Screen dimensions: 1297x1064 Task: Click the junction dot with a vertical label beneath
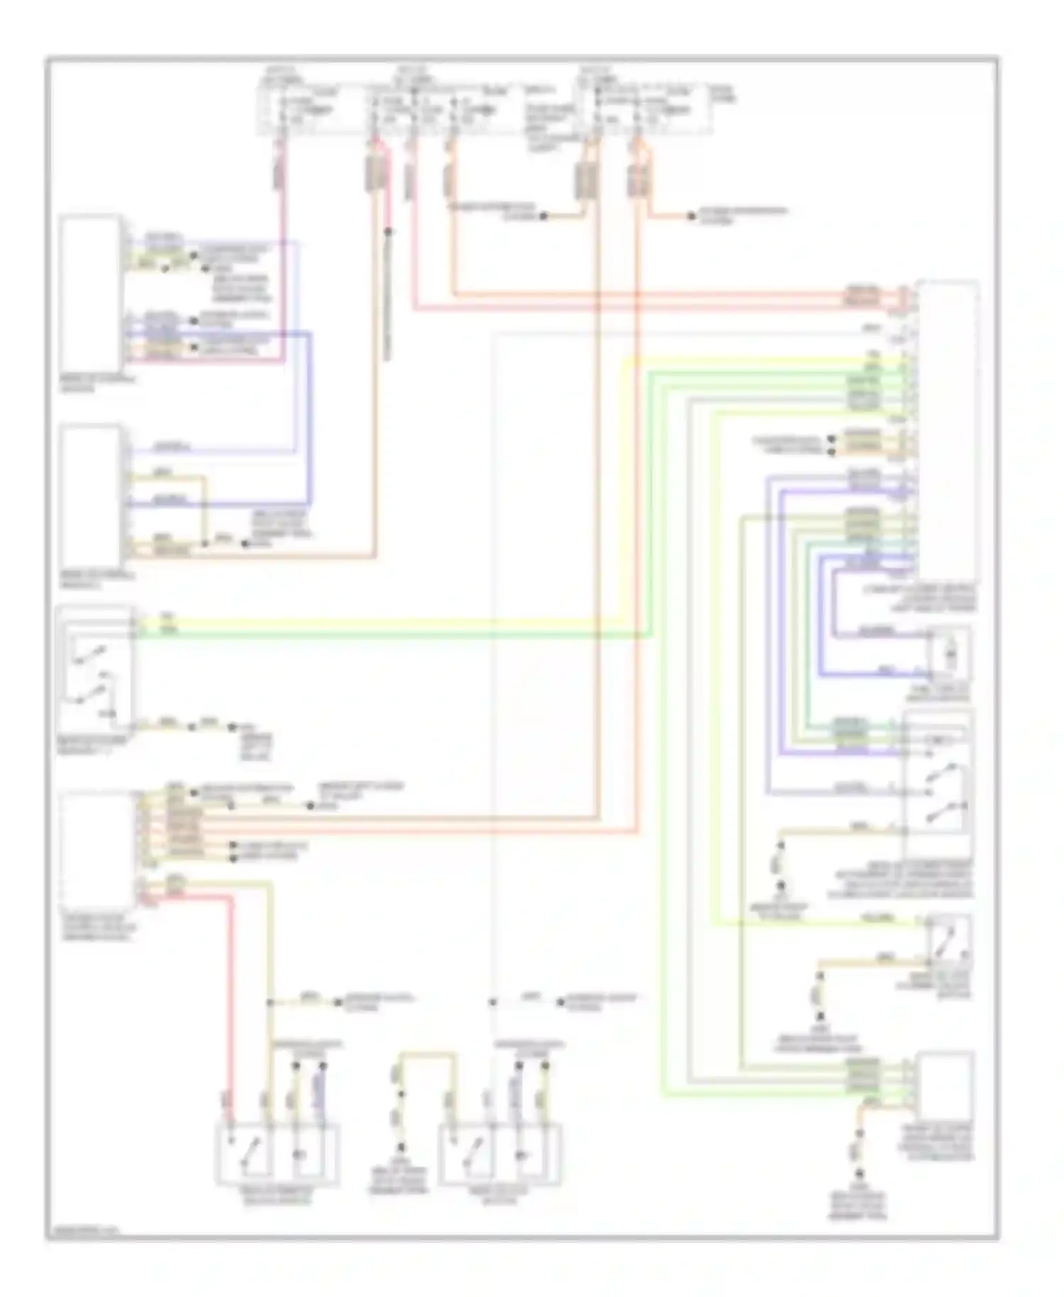[x=388, y=231]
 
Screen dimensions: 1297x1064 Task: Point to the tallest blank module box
[x=948, y=429]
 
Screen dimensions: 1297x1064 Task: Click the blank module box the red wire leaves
[x=97, y=850]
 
